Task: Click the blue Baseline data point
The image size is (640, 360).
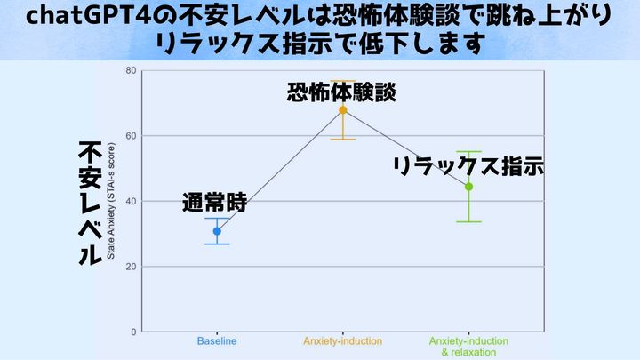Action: click(x=217, y=231)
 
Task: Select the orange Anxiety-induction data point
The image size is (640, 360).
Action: click(x=343, y=110)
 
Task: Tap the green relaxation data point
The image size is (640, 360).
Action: click(x=468, y=187)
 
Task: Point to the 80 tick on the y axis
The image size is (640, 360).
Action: click(x=131, y=70)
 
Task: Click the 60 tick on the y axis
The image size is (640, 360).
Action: click(x=131, y=136)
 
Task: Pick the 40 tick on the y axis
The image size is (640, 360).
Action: click(x=131, y=201)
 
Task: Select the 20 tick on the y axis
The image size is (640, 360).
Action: click(x=131, y=267)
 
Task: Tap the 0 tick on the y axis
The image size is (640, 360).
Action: click(x=133, y=332)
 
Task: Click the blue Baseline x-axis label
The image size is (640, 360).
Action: click(x=217, y=341)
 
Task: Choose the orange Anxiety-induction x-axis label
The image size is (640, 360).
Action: click(x=342, y=341)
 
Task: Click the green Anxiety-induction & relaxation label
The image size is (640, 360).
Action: click(x=468, y=347)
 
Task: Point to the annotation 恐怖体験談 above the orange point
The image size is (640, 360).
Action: click(x=342, y=92)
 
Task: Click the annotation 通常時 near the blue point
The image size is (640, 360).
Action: click(x=214, y=202)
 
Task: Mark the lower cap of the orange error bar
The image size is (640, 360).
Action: click(x=343, y=140)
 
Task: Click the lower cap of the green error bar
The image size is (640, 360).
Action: click(x=468, y=221)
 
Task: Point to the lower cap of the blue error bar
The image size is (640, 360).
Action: click(x=217, y=244)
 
